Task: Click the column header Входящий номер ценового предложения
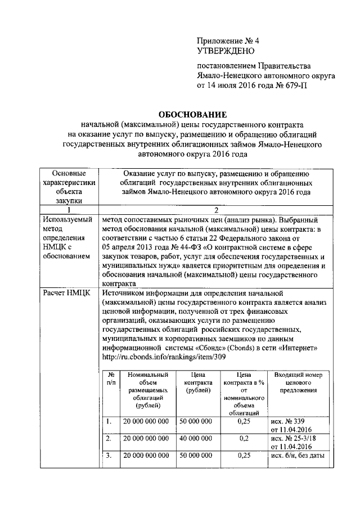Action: (298, 382)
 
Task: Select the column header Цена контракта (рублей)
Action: (195, 382)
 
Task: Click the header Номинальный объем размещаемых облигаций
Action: (148, 389)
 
